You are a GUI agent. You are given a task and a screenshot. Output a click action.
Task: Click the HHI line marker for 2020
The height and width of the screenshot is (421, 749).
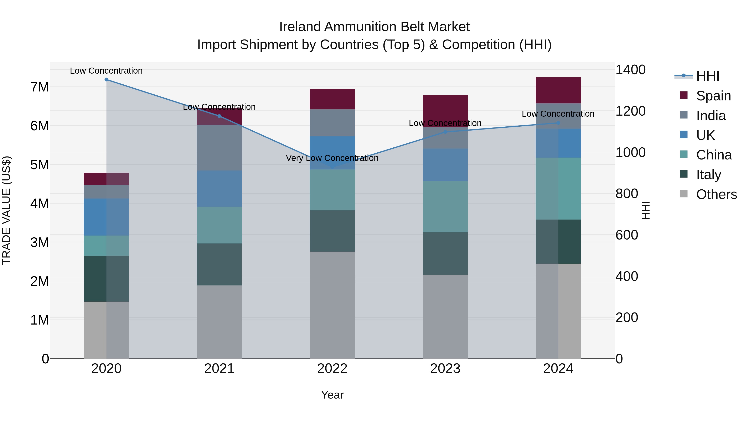[106, 80]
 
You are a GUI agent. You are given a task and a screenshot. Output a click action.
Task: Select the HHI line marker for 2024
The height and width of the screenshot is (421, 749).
[558, 123]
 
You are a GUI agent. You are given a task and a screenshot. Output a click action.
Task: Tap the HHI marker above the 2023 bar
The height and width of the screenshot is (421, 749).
[445, 132]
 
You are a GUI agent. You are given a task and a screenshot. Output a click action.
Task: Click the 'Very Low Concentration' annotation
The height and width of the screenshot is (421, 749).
[332, 158]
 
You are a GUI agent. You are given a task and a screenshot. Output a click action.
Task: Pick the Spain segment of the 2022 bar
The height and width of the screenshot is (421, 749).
[332, 99]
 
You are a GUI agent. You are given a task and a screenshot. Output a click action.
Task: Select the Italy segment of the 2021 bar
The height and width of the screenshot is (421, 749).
[219, 264]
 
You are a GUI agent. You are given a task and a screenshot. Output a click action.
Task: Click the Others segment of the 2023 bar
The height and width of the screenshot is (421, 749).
[445, 317]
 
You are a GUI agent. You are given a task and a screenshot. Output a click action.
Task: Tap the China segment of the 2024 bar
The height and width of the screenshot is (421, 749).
[558, 189]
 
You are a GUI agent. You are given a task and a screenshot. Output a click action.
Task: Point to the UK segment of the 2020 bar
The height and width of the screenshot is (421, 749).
[106, 217]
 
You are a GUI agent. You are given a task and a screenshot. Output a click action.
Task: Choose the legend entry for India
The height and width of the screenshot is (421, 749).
[711, 116]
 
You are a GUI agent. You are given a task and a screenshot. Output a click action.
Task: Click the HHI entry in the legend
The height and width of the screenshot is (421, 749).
[707, 76]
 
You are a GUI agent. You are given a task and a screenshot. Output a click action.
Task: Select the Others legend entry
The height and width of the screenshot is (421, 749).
[716, 194]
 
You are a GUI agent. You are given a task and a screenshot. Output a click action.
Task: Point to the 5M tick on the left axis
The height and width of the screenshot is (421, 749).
[40, 165]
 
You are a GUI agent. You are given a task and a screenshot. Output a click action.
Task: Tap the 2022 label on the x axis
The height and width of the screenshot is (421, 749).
[332, 369]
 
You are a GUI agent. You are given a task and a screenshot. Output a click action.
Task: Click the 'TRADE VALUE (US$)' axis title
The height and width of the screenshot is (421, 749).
[6, 210]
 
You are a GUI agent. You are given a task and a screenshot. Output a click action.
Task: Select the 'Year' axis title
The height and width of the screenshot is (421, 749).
[332, 395]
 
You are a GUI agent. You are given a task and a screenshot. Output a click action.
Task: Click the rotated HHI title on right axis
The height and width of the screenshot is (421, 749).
[645, 210]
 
